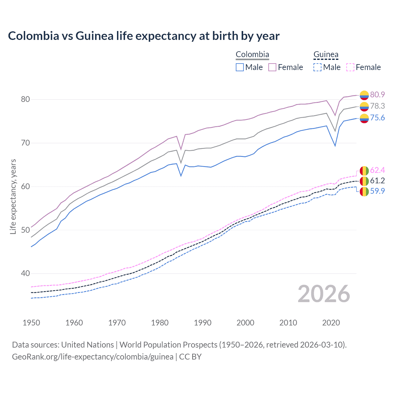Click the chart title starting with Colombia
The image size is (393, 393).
(x=144, y=36)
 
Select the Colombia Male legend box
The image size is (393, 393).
(x=240, y=67)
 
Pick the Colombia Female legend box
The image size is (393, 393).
(x=272, y=67)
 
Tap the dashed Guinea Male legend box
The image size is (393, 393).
(x=317, y=67)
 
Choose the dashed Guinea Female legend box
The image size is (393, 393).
(x=350, y=67)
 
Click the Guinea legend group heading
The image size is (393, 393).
(x=326, y=55)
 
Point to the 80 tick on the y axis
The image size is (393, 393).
(x=25, y=99)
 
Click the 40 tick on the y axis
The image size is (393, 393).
(x=25, y=273)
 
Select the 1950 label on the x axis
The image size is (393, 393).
(x=31, y=323)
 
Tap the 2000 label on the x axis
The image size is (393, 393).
(x=245, y=323)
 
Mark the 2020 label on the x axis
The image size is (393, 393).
(x=331, y=323)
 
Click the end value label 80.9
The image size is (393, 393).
(x=377, y=95)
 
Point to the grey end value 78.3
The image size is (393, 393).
(x=377, y=106)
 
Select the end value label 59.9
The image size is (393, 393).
(x=377, y=191)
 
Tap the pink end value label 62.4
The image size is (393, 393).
(x=377, y=170)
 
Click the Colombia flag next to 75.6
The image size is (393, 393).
(x=364, y=118)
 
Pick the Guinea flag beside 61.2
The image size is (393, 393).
(x=364, y=181)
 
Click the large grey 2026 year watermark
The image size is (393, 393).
(x=324, y=294)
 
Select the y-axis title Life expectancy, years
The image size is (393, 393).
(x=13, y=196)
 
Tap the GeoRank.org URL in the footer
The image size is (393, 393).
(x=92, y=357)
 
